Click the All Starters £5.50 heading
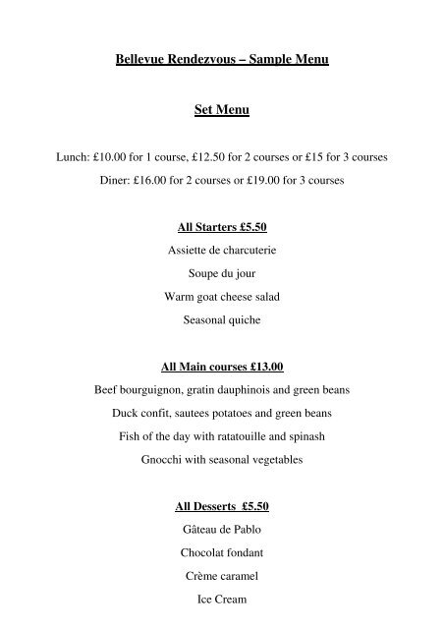(222, 226)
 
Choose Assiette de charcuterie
(222, 251)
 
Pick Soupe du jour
(222, 274)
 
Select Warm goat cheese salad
(222, 298)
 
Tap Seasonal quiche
(222, 320)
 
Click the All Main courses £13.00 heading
(222, 367)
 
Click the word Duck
(107, 414)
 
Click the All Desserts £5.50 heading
(222, 507)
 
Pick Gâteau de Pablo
(222, 531)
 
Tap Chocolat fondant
(222, 554)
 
